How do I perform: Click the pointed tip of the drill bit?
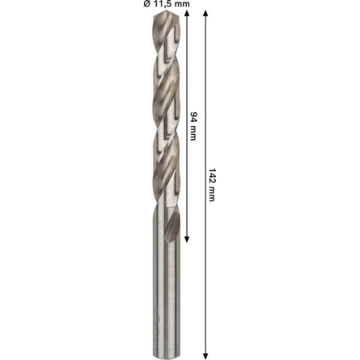coord(167,11)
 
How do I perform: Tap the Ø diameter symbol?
coord(147,3)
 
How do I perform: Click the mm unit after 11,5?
coord(181,4)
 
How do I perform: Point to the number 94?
coord(193,117)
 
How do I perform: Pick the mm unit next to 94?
coord(192,133)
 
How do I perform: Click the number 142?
coord(212,176)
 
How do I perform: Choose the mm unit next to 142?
coord(211,194)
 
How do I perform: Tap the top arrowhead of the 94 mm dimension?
coord(187,13)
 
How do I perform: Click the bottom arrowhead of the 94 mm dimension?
coord(187,240)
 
